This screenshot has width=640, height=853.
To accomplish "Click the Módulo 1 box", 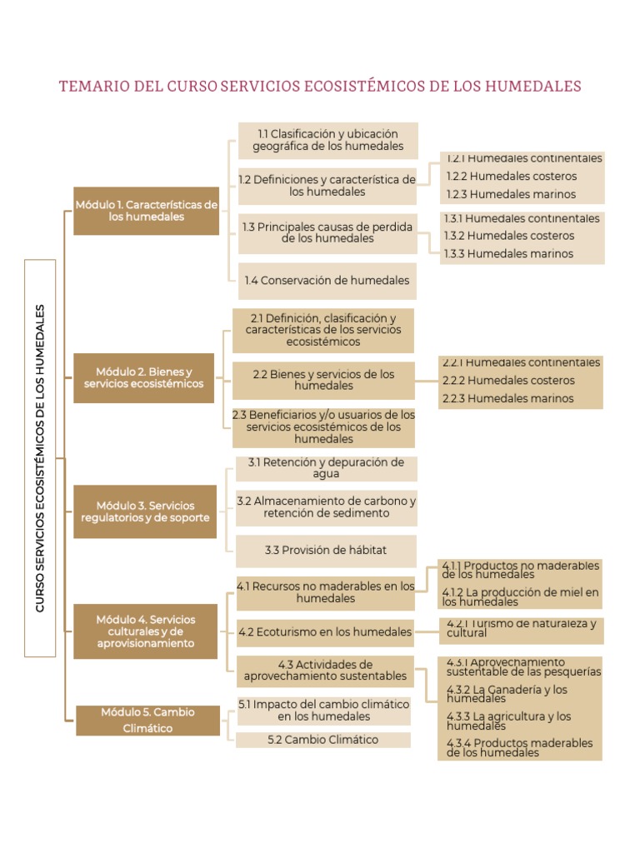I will (x=146, y=211).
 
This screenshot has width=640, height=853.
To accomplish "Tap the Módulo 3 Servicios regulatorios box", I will (x=145, y=511).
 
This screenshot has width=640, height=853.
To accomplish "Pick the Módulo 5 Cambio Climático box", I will (x=148, y=721).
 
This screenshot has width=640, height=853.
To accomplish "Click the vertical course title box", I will (x=40, y=458).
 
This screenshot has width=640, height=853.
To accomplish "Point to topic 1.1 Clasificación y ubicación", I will (x=327, y=140).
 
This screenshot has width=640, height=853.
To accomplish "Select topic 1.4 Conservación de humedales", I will (x=327, y=281).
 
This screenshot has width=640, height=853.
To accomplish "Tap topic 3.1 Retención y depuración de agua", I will (x=326, y=468).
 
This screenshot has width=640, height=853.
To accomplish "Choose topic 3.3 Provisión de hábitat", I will (x=326, y=551).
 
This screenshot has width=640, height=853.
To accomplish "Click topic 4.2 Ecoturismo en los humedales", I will (x=325, y=632).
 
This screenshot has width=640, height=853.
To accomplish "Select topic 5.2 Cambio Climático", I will (x=323, y=740).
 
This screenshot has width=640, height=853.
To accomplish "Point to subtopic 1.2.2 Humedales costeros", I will (x=510, y=177).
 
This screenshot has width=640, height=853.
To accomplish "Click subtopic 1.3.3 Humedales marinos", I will (x=508, y=254).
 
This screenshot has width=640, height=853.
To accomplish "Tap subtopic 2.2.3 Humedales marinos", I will (x=508, y=399).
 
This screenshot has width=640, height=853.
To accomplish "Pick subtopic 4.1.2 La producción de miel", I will (x=520, y=597).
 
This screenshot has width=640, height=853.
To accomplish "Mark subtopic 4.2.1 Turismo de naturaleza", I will (x=521, y=628).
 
